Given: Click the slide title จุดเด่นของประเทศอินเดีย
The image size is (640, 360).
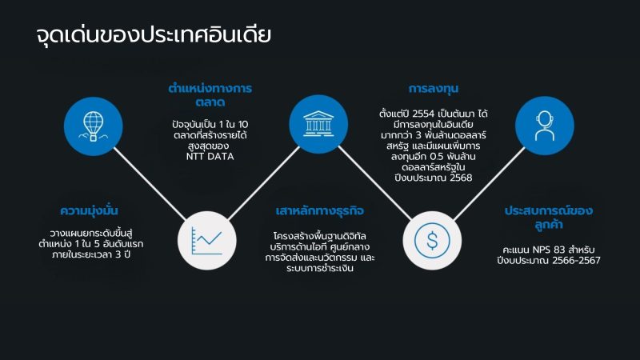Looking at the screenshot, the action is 154,35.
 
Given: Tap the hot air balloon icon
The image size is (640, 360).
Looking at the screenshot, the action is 93,126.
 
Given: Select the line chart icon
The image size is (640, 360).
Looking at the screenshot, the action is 207,241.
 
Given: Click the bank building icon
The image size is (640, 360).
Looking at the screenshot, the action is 318,124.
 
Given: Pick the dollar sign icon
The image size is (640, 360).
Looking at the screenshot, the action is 432,241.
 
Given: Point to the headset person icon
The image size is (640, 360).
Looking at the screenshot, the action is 545,126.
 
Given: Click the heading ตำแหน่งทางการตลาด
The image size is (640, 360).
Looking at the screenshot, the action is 210,95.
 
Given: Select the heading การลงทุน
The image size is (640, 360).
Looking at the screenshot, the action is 434,89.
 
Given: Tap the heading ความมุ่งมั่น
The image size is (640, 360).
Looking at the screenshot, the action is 89,210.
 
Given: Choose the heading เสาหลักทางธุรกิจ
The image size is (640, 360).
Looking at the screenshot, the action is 319,211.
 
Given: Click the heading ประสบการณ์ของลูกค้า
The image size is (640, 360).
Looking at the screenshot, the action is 549,218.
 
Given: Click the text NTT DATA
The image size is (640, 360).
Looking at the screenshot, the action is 210,156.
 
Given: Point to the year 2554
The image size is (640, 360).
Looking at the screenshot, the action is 423,114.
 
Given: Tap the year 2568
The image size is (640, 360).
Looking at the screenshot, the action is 461,178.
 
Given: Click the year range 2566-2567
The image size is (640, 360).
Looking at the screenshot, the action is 576,261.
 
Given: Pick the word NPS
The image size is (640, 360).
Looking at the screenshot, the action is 542,250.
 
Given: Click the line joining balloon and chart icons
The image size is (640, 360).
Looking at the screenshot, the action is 150,183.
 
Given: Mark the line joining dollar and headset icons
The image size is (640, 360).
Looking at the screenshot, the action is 489,184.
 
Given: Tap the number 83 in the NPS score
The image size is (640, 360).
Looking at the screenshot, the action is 559,250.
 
